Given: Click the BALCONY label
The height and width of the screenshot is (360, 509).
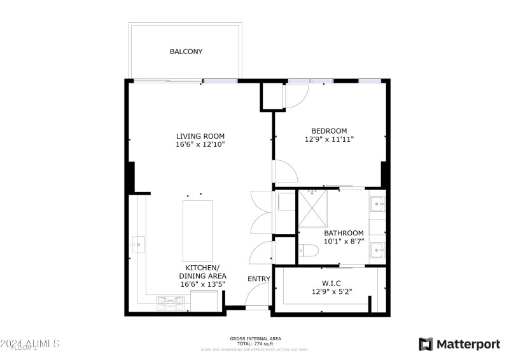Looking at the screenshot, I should [186, 52].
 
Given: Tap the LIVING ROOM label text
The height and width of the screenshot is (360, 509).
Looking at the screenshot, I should [200, 136].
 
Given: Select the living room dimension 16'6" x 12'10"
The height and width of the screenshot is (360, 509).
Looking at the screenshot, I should [200, 145].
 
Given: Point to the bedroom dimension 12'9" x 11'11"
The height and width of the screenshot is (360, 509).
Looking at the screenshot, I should [329, 139].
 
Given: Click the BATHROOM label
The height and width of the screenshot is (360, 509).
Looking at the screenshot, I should [344, 233].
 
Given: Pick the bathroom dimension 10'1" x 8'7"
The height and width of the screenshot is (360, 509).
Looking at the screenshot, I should [344, 242].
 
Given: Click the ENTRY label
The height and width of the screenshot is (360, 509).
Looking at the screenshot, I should [259, 279].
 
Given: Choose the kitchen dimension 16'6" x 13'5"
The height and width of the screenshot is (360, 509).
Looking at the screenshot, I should [202, 284].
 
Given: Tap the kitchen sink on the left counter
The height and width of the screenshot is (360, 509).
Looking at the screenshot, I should [138, 242].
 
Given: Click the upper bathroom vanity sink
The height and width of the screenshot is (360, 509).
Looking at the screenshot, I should [377, 205].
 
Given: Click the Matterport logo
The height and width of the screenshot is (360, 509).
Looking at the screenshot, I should [459, 344].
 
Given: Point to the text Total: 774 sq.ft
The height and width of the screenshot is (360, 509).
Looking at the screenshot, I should [255, 343].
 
